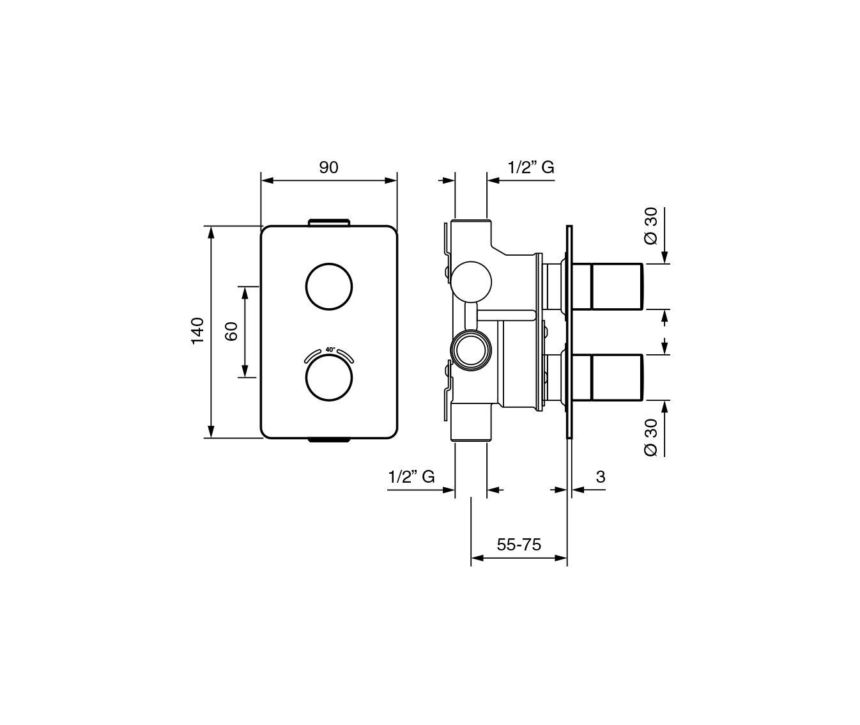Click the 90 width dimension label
[x=328, y=168]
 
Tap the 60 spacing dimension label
[x=231, y=331]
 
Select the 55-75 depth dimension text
[x=519, y=545]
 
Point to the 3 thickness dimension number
[x=601, y=477]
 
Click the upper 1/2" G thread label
[x=531, y=168]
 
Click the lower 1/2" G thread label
[x=411, y=477]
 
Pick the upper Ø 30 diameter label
[x=652, y=226]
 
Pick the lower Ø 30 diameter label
[x=652, y=438]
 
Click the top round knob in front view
[x=328, y=286]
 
